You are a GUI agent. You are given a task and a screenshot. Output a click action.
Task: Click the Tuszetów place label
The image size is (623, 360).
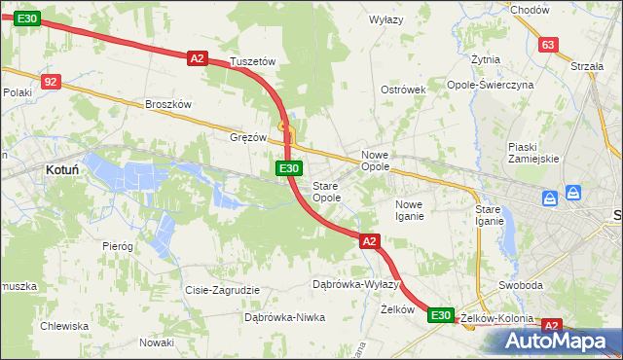(x=254, y=61)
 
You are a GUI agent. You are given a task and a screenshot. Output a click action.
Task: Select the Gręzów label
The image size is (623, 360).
(x=248, y=137)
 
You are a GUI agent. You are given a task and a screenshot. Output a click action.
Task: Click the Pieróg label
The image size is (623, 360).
(x=117, y=246)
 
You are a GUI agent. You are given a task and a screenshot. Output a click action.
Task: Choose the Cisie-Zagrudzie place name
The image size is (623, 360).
(x=222, y=290)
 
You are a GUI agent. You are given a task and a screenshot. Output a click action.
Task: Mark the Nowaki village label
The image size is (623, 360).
(x=156, y=342)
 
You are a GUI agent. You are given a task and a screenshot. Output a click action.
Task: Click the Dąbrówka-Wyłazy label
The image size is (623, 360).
(x=355, y=284)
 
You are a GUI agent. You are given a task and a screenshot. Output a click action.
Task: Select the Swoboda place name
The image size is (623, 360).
(x=520, y=286)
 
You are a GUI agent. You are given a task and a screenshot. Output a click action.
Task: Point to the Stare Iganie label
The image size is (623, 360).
(x=489, y=215)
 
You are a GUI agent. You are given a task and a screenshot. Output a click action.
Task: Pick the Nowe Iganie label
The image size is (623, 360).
(x=409, y=210)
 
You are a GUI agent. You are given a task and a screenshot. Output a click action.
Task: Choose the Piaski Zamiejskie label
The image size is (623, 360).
(x=532, y=153)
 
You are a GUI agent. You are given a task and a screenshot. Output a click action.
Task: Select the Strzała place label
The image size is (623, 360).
(x=587, y=66)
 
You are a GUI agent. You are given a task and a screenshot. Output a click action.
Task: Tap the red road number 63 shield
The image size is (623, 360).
(x=548, y=45)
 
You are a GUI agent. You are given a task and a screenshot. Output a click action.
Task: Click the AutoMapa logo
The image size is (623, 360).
(x=558, y=342)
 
